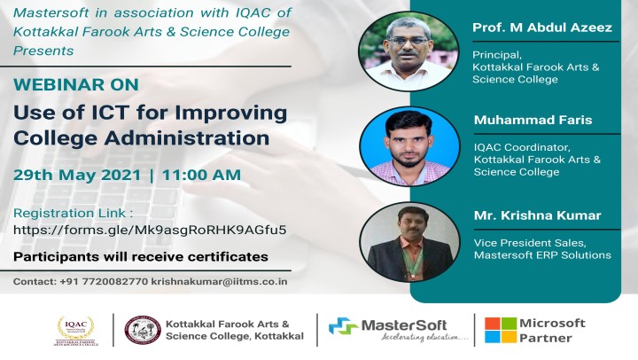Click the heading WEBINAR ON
[76, 84]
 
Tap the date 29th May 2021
[77, 175]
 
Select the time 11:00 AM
[201, 175]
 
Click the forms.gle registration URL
[150, 230]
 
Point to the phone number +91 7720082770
[104, 281]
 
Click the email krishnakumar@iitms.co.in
[220, 281]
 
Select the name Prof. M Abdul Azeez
[542, 27]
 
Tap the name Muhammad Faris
[533, 120]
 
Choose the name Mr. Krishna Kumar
[538, 215]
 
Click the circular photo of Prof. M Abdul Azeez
[408, 51]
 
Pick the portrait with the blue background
[409, 146]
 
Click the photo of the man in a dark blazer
[409, 242]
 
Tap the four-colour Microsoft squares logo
[501, 330]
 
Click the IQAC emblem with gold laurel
[75, 330]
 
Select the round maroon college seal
[143, 330]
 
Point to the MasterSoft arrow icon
[343, 326]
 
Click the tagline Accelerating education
[424, 337]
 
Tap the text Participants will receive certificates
[141, 257]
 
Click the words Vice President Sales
[530, 243]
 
